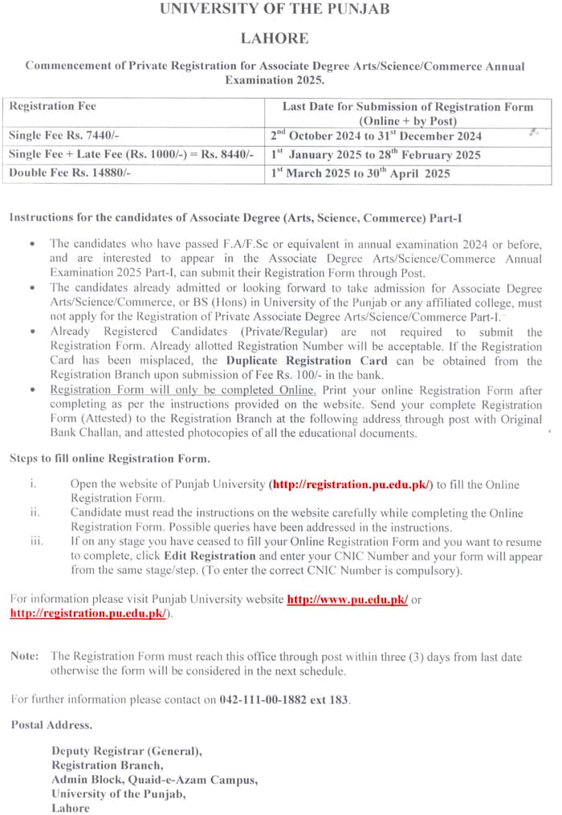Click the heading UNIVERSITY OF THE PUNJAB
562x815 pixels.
pos(275,10)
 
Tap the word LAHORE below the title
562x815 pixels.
pos(275,38)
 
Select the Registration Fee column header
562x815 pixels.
pos(53,106)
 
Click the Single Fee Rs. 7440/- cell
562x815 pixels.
pos(63,136)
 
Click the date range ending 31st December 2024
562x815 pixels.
pos(377,136)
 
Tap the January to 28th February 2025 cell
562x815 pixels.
pos(376,154)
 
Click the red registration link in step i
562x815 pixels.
pos(352,485)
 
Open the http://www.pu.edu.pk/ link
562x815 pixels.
pos(348,600)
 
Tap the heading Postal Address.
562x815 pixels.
pos(51,724)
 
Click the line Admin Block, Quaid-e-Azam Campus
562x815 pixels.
pos(155,779)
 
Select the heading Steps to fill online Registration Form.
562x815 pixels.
pos(110,458)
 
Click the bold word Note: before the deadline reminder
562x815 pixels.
pos(25,656)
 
